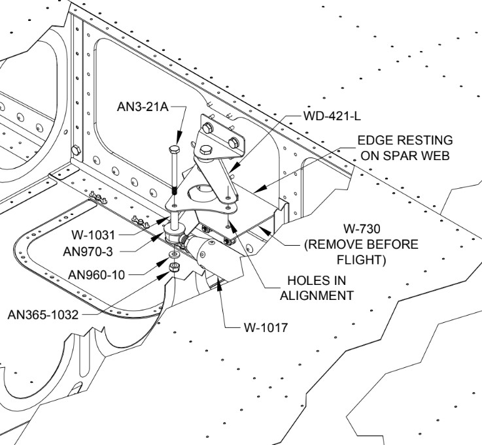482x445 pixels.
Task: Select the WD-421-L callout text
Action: click(332, 116)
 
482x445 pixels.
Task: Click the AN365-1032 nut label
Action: click(43, 314)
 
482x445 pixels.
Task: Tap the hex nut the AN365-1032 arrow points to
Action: click(174, 267)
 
